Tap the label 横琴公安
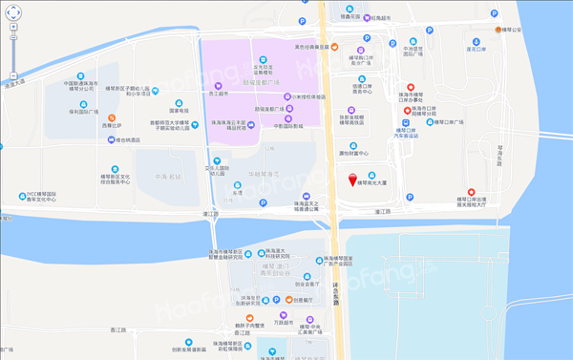click(519, 31)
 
